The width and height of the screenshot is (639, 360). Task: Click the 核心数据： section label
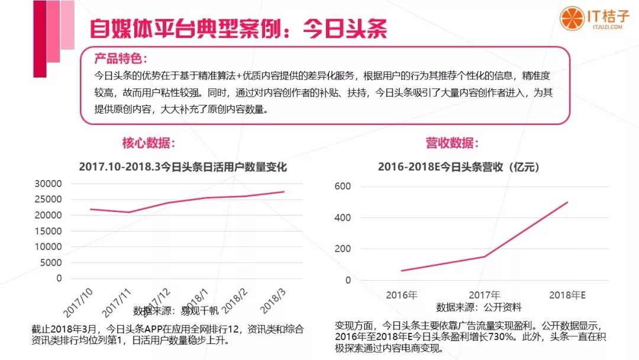pyautogui.click(x=149, y=143)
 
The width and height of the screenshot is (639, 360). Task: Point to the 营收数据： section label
pyautogui.click(x=452, y=143)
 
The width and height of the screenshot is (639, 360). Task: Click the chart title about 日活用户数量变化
pyautogui.click(x=183, y=168)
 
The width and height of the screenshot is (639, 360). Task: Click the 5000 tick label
pyautogui.click(x=52, y=262)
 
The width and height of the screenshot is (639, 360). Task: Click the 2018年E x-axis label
pyautogui.click(x=567, y=294)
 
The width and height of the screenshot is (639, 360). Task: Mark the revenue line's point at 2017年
pyautogui.click(x=485, y=256)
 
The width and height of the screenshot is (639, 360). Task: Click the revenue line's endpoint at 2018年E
pyautogui.click(x=567, y=202)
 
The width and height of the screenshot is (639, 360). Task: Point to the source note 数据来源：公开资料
pyautogui.click(x=479, y=307)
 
